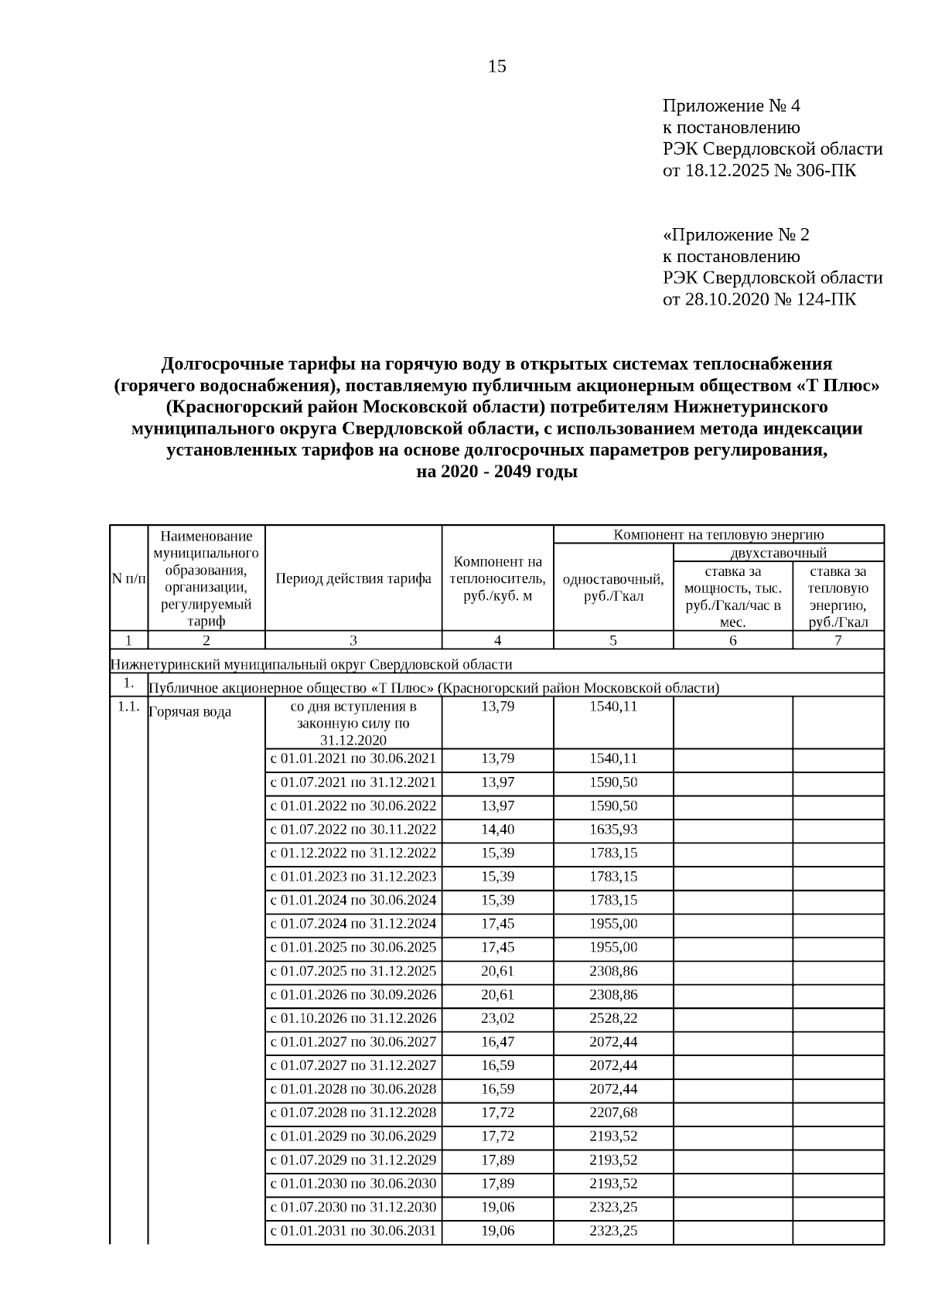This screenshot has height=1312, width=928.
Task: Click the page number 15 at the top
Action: [497, 67]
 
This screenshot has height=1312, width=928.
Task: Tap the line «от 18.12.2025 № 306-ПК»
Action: [759, 171]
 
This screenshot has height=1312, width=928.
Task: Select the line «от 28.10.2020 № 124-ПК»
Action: [759, 299]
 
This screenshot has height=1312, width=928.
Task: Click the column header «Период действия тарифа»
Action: [353, 579]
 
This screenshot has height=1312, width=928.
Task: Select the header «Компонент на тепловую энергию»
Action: [718, 534]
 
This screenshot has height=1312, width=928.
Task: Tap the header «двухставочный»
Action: [778, 553]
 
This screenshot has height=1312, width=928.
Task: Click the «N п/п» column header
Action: [128, 579]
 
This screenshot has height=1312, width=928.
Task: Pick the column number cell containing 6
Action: [732, 640]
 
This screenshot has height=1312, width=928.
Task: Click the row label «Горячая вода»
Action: [189, 712]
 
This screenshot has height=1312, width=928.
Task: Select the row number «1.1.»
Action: [128, 707]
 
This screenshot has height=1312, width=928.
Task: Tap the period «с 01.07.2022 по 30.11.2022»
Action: [353, 830]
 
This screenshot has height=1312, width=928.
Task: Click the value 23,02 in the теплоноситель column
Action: [497, 1018]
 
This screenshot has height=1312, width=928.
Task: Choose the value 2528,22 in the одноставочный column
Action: [613, 1018]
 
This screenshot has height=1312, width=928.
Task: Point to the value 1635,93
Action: [613, 830]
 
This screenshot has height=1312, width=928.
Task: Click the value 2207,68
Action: [613, 1113]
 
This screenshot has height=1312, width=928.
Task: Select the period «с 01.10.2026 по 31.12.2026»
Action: [353, 1018]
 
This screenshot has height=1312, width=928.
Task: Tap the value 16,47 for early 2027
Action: [497, 1041]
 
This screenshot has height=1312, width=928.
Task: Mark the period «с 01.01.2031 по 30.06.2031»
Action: [353, 1231]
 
